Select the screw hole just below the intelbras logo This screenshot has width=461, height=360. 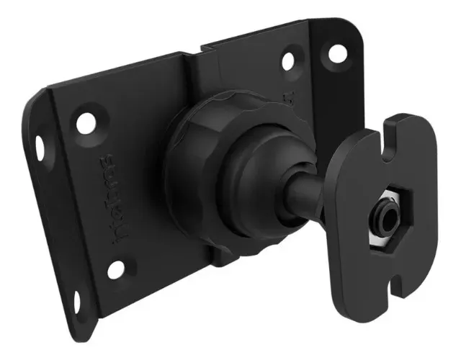[115, 270]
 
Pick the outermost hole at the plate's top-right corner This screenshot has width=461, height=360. [335, 53]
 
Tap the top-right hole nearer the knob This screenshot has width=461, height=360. [288, 60]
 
